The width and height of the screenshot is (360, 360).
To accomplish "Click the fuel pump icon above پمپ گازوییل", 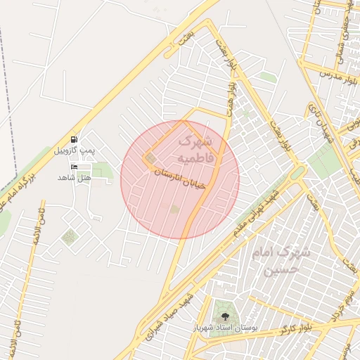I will coord(74,139).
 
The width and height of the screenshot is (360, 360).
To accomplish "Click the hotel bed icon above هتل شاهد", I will coord(75,166).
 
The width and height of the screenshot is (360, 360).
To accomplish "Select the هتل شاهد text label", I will coord(75,177).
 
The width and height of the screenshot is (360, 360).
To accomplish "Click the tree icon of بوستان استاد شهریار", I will coord(225,316).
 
